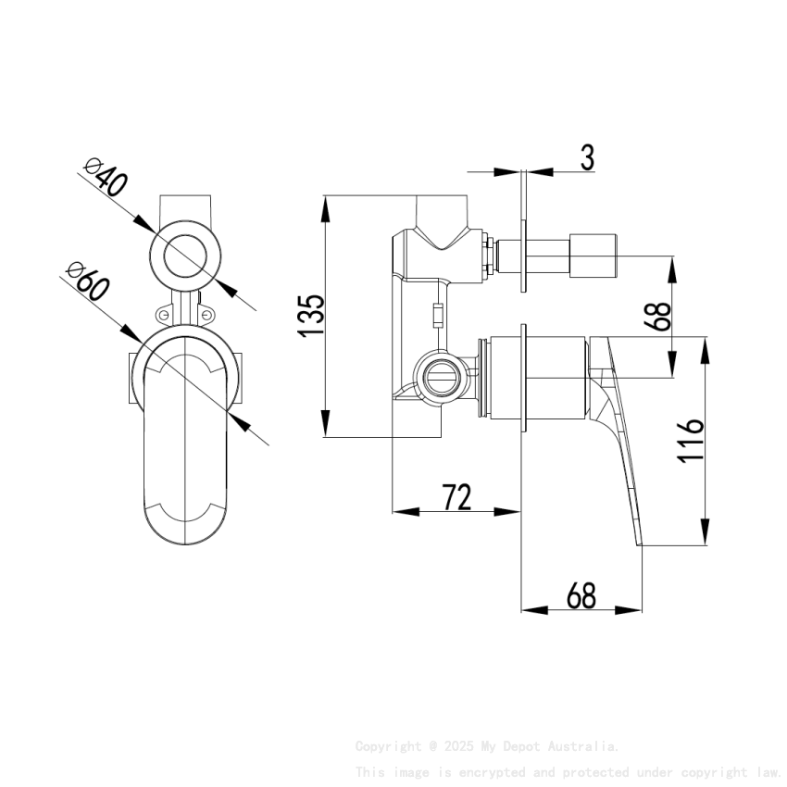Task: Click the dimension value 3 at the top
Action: [x=587, y=157]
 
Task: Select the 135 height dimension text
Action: [x=311, y=315]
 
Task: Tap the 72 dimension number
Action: [x=456, y=497]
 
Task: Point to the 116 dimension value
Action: [x=691, y=441]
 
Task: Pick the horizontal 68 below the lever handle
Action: [x=581, y=596]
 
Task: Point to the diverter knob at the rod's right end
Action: [x=592, y=256]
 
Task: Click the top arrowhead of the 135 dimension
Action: [x=325, y=206]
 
